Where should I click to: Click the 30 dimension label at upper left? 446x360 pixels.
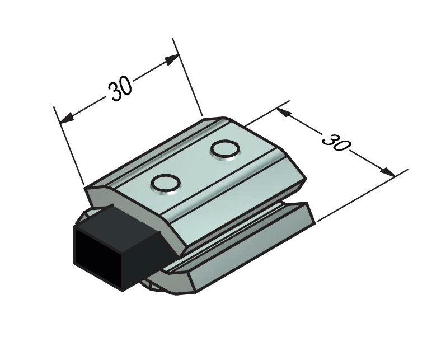(120, 89)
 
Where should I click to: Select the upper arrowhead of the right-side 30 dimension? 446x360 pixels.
(284, 112)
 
